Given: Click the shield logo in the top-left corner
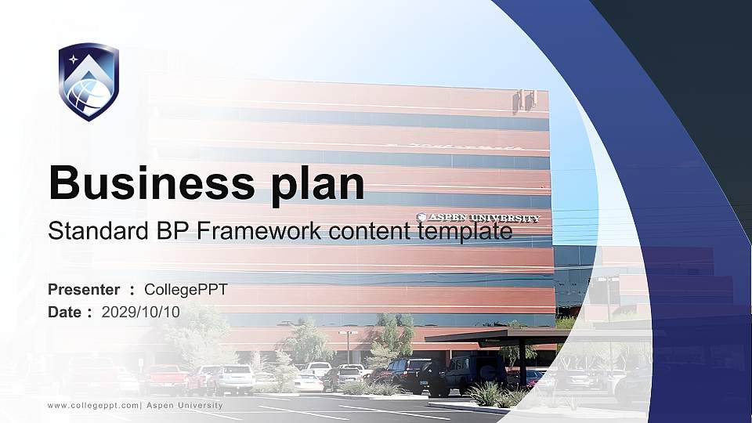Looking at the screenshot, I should tap(89, 81).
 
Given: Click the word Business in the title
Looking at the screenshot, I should tap(148, 183).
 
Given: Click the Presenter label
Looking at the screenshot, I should tap(84, 290).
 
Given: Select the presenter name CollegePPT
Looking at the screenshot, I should tap(186, 290).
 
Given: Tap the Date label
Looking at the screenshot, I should tap(65, 312).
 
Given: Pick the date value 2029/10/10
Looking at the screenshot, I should tap(141, 312).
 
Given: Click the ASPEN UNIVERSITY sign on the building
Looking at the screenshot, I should tap(479, 218).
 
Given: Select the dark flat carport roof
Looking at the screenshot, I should tap(501, 335).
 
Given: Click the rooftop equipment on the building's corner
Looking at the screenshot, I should tap(523, 100).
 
